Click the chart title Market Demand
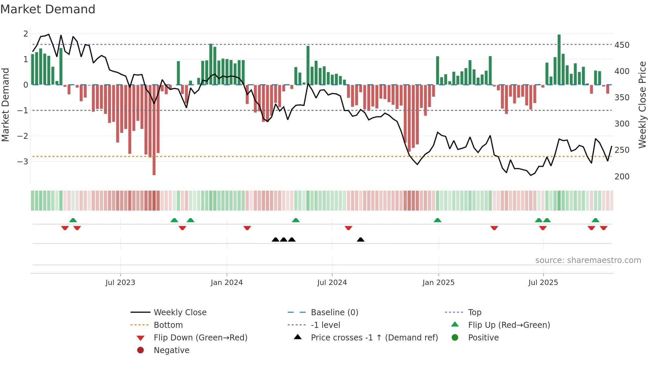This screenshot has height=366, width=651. click(x=48, y=9)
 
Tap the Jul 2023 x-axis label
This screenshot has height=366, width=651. click(x=120, y=283)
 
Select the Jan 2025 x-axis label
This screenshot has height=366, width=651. click(x=438, y=283)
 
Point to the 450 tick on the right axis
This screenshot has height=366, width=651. click(x=622, y=45)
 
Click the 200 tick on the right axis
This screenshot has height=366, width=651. click(x=622, y=176)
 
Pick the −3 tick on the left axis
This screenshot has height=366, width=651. click(x=23, y=162)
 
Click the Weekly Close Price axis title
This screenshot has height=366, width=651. click(x=642, y=105)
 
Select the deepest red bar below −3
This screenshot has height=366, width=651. click(x=154, y=130)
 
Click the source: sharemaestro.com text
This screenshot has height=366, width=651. click(x=588, y=260)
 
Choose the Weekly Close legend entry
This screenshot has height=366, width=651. click(x=180, y=313)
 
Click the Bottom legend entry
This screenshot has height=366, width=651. click(x=168, y=325)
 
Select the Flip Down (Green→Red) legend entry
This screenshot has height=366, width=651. click(x=200, y=338)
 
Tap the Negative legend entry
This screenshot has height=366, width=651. click(x=171, y=350)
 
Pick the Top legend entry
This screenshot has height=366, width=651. click(x=475, y=313)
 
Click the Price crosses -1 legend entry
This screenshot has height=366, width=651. click(x=374, y=338)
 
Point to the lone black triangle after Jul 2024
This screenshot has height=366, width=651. click(x=360, y=239)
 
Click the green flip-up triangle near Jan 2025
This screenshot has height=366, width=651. click(x=437, y=220)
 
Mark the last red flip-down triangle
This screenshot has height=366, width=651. click(x=604, y=228)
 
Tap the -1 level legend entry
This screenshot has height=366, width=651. click(x=325, y=325)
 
